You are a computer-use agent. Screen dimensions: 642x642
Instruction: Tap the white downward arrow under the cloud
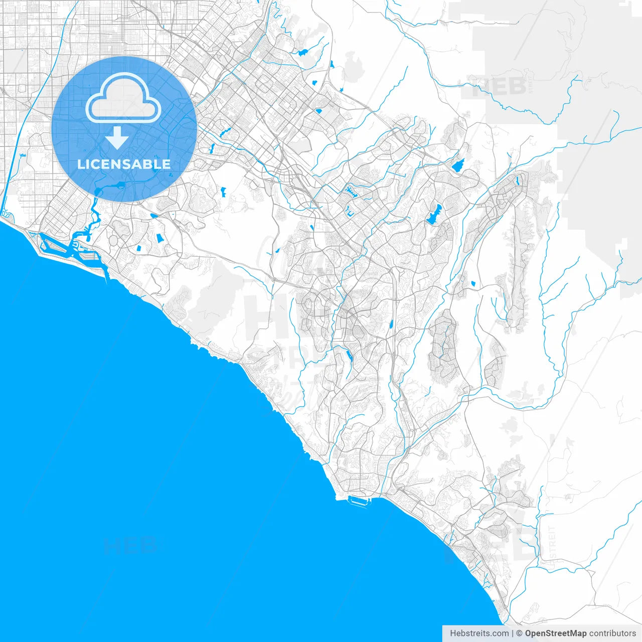(x=117, y=137)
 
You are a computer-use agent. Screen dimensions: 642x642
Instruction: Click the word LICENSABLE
(x=124, y=164)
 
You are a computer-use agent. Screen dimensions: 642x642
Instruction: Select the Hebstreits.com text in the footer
(x=479, y=633)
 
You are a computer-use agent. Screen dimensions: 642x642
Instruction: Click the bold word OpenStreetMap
(x=556, y=633)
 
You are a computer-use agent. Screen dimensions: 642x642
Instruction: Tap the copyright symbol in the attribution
(x=520, y=633)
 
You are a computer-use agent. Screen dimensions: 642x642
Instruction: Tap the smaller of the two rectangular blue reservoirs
(x=139, y=247)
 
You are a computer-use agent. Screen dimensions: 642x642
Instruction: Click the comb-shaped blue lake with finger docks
(x=349, y=191)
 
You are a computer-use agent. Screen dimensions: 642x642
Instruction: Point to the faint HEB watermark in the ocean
(x=131, y=546)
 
